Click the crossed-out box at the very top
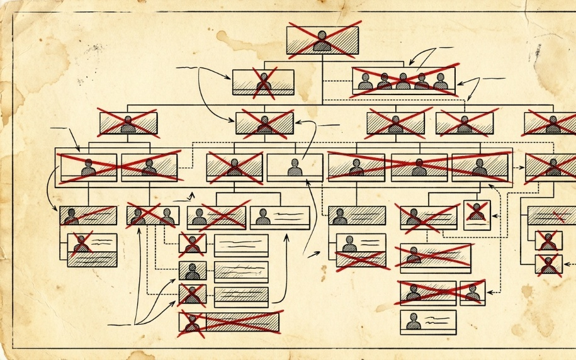click(322, 40)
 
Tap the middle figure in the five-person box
click(403, 81)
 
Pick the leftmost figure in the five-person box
click(365, 81)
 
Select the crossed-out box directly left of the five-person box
click(263, 82)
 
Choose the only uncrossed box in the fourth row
click(295, 168)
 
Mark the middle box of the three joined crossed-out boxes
click(419, 167)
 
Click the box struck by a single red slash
click(88, 215)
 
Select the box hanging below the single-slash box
click(92, 250)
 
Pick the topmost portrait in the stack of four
click(192, 244)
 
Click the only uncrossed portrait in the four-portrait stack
click(192, 271)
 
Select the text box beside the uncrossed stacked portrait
click(241, 271)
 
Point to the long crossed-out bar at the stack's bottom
click(229, 322)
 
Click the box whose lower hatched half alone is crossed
click(361, 251)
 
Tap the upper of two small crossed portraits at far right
click(548, 240)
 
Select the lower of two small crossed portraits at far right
click(548, 264)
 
